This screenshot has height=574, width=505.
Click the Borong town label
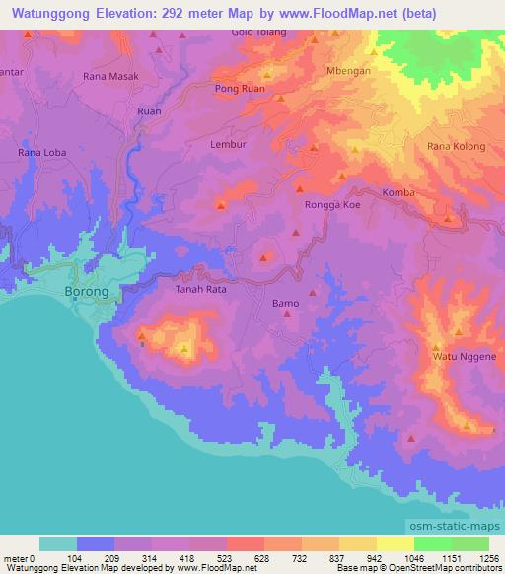(x=92, y=293)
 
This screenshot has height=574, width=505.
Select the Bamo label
(x=285, y=304)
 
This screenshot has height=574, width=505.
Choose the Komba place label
(x=398, y=192)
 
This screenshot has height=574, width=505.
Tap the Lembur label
(x=228, y=144)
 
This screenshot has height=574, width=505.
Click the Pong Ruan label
(x=239, y=89)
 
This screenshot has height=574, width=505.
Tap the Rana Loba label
(x=41, y=153)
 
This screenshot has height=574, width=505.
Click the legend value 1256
(x=488, y=557)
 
